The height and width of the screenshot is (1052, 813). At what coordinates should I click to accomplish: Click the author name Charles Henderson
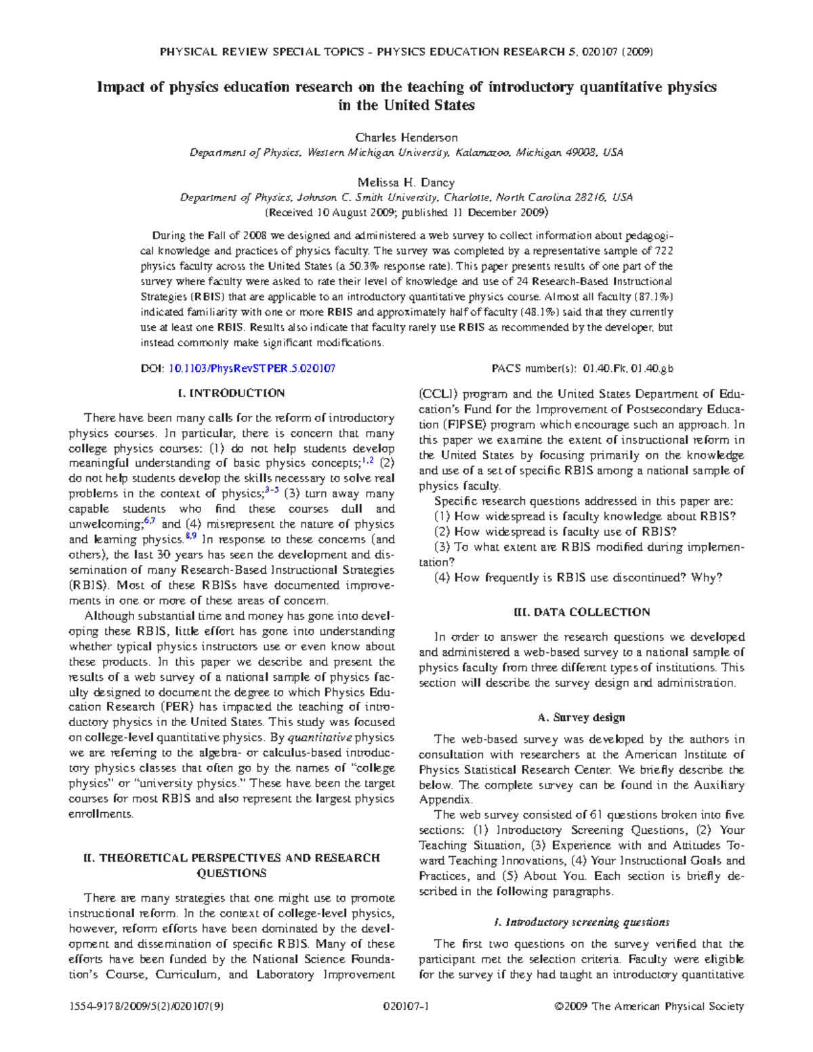point(406,138)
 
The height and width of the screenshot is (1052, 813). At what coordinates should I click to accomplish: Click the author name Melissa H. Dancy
point(406,182)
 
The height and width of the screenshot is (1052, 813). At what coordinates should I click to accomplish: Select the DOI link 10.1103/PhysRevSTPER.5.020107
point(251,369)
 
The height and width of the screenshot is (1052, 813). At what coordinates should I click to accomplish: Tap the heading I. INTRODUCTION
point(231,394)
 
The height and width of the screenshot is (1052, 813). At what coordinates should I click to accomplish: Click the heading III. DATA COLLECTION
point(582,612)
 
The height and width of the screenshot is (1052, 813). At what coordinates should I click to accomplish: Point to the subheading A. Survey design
point(581,717)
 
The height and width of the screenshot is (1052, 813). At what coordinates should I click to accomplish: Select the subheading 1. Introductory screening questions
point(582,922)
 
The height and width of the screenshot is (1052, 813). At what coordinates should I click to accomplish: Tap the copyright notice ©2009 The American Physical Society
point(649,1007)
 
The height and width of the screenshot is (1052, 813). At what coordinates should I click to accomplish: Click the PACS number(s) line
point(582,369)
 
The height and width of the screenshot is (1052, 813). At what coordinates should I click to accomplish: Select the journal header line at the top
point(406,51)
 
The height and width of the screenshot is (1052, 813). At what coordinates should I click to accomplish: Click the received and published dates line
point(406,213)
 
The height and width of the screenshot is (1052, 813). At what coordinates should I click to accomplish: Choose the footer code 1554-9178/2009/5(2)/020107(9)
point(146,1007)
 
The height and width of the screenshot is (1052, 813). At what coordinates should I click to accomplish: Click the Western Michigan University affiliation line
point(406,153)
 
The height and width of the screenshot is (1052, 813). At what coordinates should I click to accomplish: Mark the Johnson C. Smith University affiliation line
point(406,198)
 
